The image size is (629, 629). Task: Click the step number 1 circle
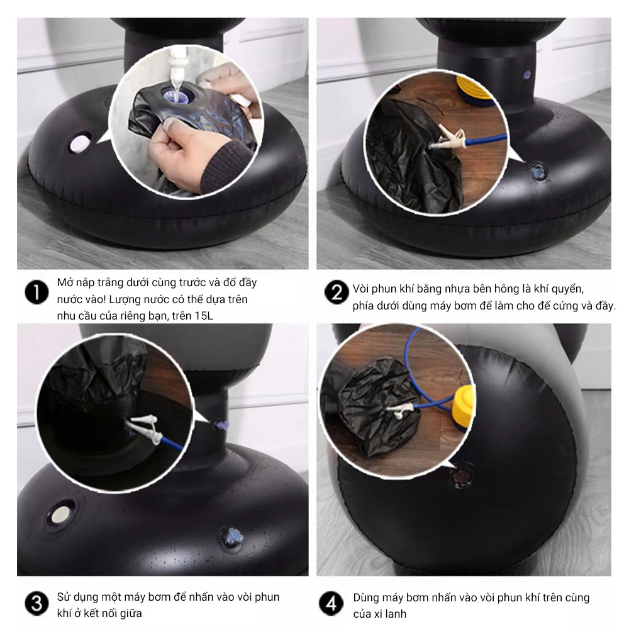coord(36,292)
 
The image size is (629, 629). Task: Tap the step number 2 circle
coord(337,292)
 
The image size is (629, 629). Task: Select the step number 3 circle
coord(36,604)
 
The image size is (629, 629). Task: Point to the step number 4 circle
coord(331,604)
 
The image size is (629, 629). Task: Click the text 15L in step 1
coord(204,316)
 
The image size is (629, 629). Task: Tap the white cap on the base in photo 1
coord(80,144)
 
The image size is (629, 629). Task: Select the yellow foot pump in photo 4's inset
coord(464,407)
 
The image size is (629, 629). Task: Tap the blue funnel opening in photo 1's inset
coord(177,96)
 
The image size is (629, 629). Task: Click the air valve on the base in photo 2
coord(537,171)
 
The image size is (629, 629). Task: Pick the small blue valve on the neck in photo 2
coord(527,74)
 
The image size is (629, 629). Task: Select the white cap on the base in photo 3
coord(61,515)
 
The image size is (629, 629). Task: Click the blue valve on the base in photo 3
coord(231,537)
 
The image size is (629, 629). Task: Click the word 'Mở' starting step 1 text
coord(65,282)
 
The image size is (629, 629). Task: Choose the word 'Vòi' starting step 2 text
coord(361,289)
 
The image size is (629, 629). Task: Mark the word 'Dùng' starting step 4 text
coord(365,598)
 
